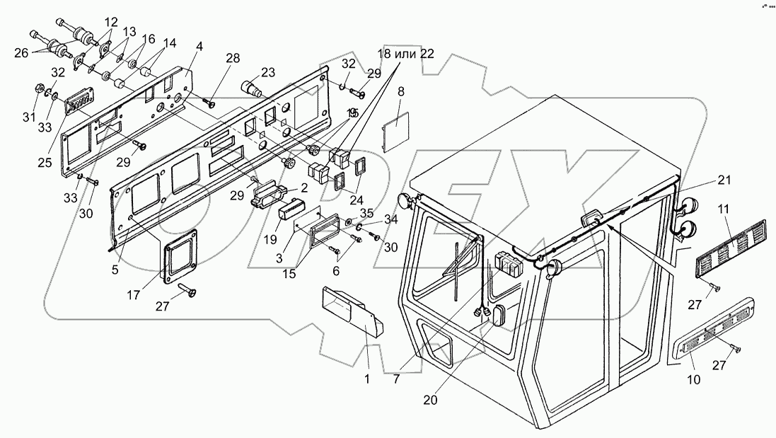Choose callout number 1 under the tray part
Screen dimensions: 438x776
click(x=367, y=379)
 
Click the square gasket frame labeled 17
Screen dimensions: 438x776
click(x=175, y=258)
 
